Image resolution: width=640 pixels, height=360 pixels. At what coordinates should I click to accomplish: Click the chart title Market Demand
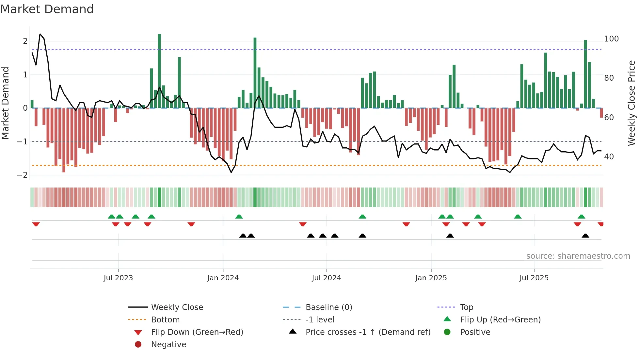pyautogui.click(x=47, y=9)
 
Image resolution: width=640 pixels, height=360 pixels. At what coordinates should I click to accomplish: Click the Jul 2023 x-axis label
pyautogui.click(x=118, y=278)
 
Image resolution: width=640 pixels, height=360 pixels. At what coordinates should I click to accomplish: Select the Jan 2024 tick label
pyautogui.click(x=223, y=278)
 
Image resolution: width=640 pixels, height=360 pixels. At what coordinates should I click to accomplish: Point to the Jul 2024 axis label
pyautogui.click(x=326, y=278)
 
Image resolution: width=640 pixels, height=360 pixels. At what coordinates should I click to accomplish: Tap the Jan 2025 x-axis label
pyautogui.click(x=431, y=278)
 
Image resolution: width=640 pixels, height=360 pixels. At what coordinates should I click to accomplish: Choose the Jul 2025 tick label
pyautogui.click(x=534, y=278)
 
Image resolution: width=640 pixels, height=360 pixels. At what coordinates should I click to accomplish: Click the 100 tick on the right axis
pyautogui.click(x=611, y=39)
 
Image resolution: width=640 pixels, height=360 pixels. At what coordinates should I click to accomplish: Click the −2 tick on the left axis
pyautogui.click(x=22, y=175)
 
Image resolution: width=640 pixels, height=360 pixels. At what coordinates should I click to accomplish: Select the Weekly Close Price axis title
pyautogui.click(x=632, y=103)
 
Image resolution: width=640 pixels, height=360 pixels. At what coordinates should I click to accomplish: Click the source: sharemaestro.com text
pyautogui.click(x=578, y=256)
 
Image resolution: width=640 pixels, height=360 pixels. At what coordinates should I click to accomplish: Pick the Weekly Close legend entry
pyautogui.click(x=177, y=307)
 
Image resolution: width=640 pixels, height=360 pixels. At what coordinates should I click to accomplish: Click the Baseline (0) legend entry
pyautogui.click(x=328, y=307)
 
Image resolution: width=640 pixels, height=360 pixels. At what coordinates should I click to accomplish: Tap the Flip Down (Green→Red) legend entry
pyautogui.click(x=197, y=332)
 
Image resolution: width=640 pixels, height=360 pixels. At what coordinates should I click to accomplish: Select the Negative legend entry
pyautogui.click(x=168, y=345)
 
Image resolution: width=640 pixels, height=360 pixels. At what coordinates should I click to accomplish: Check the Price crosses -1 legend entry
pyautogui.click(x=368, y=332)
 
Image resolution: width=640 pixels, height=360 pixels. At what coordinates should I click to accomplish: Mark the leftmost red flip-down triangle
pyautogui.click(x=36, y=224)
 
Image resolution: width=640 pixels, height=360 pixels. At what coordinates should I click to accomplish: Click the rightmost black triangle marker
pyautogui.click(x=585, y=236)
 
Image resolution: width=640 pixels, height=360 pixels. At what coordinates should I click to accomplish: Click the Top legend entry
pyautogui.click(x=466, y=307)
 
